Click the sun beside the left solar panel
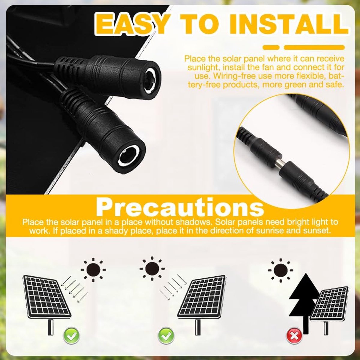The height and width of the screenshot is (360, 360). tap(93, 270)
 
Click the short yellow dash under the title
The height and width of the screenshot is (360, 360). tap(271, 47)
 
